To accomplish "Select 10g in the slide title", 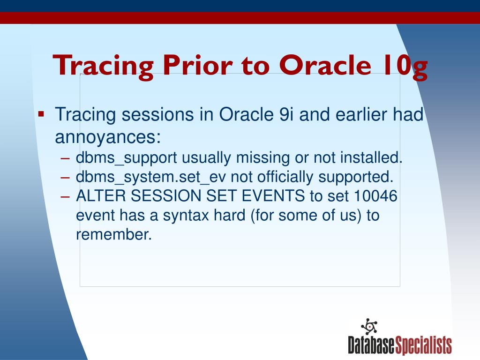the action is (x=405, y=67).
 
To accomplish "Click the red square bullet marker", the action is (x=41, y=114).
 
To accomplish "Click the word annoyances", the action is (x=108, y=137).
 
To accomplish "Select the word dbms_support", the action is (x=127, y=158).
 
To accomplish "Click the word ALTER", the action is (x=101, y=196).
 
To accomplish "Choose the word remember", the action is (x=114, y=234).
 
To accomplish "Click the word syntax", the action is (x=186, y=216).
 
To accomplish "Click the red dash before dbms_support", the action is (x=65, y=158).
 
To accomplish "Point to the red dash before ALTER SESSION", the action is (x=65, y=197).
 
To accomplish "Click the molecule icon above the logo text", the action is (x=369, y=326).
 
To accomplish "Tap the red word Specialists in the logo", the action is (x=423, y=345).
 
